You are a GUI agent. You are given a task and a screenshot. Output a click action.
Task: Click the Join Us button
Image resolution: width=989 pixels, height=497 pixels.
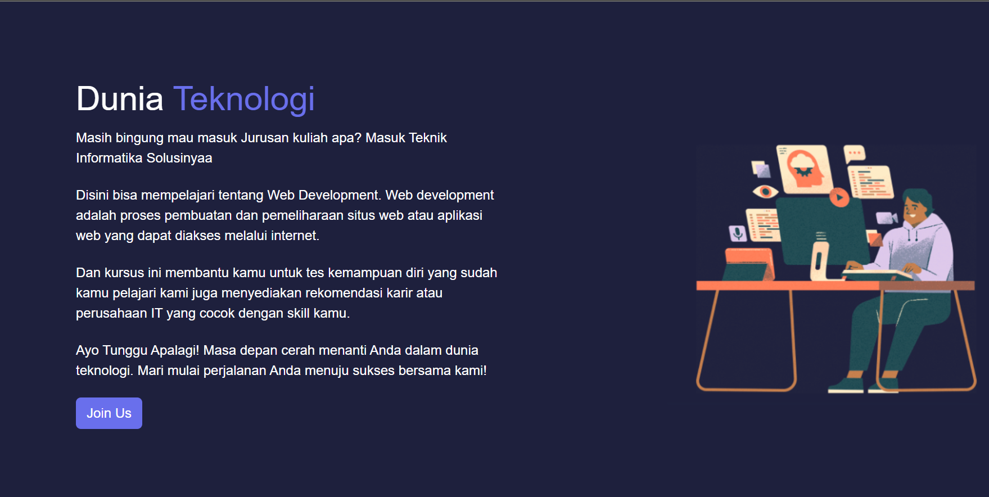109,413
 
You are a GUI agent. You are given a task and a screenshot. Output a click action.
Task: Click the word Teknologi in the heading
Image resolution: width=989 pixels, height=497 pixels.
244,100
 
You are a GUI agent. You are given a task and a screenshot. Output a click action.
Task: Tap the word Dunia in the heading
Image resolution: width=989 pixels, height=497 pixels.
120,99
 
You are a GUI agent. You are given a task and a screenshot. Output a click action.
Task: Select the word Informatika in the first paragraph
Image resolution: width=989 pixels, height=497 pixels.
109,158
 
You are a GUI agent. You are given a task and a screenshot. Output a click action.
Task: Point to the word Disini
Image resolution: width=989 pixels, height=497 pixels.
92,195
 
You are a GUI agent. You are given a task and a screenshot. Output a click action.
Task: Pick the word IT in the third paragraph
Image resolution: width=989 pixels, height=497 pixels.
156,313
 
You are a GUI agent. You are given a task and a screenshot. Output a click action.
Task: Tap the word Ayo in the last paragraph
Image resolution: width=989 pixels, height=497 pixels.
87,350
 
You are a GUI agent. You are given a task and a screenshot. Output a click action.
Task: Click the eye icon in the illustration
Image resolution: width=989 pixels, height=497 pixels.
765,192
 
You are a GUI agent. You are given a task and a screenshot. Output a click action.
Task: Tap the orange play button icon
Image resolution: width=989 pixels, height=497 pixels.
839,197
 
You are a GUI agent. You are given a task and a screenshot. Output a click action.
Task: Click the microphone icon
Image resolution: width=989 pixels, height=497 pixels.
738,232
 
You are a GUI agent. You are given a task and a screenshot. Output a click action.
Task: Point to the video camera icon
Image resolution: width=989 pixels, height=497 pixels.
887,218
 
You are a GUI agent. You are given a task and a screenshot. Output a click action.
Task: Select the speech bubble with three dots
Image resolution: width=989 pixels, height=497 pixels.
855,153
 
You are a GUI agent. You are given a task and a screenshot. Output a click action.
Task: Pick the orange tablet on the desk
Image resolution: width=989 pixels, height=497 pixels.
749,264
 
